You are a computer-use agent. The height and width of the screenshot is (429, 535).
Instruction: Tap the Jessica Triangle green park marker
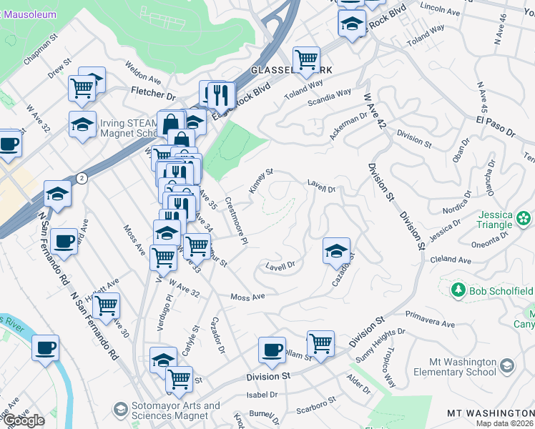tap(524, 217)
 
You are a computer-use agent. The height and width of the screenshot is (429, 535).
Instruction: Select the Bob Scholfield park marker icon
tap(458, 290)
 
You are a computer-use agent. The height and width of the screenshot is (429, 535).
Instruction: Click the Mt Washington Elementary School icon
tap(507, 366)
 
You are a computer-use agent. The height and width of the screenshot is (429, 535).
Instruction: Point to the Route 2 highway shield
tap(82, 178)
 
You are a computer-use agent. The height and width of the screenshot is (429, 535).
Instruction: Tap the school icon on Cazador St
tap(336, 251)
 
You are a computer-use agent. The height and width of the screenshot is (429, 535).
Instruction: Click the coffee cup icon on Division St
tap(272, 350)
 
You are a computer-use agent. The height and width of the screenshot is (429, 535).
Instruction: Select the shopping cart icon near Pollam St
tap(320, 343)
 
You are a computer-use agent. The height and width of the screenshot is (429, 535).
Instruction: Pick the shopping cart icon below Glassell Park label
tap(307, 60)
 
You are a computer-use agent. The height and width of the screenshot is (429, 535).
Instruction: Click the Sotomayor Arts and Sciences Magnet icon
tap(120, 409)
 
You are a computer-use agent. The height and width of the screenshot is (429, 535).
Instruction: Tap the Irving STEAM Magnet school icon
tap(83, 124)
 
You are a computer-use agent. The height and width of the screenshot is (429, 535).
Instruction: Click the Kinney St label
tap(261, 181)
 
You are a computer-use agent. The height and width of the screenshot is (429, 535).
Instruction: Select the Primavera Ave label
tap(430, 320)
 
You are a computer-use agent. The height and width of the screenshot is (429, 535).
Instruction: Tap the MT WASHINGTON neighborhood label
tap(490, 414)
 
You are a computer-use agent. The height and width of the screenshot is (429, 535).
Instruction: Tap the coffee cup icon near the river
tap(46, 348)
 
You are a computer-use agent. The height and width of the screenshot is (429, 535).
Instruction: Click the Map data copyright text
tap(505, 423)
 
